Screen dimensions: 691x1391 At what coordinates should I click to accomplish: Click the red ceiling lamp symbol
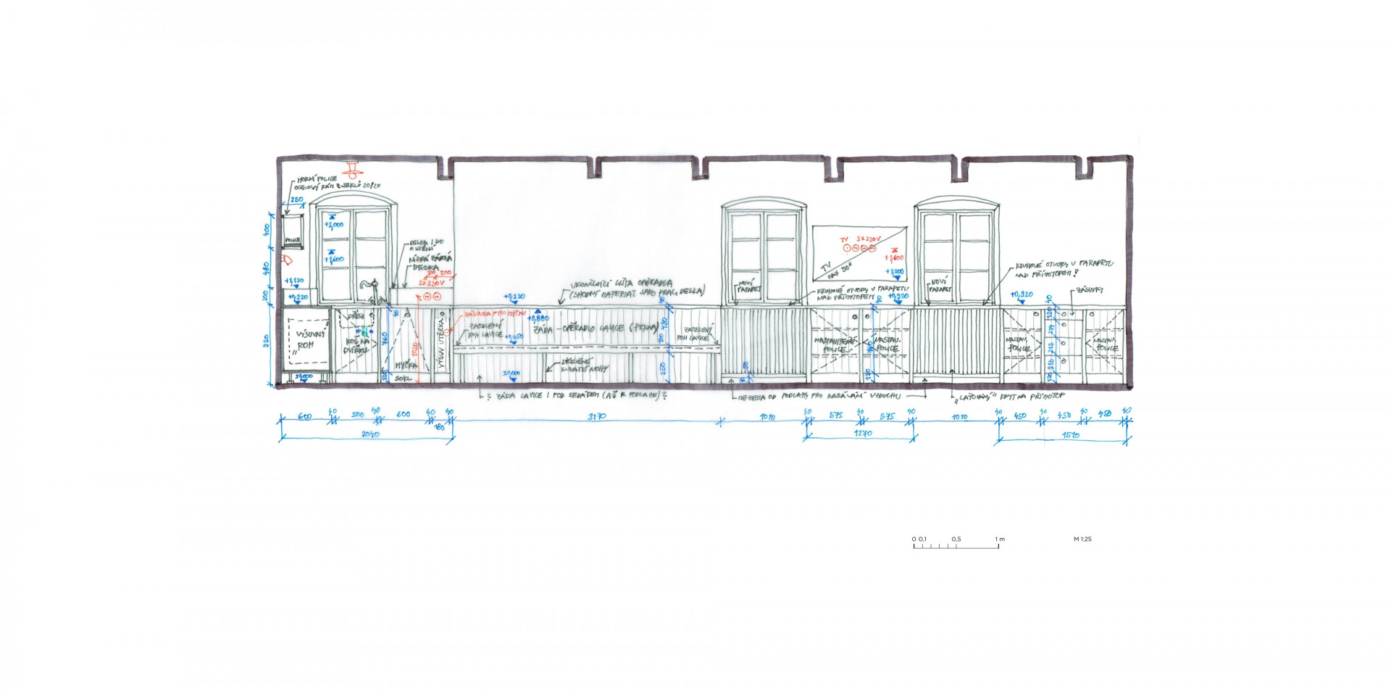coord(353,170)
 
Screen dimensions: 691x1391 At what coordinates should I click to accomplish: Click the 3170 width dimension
coord(596,417)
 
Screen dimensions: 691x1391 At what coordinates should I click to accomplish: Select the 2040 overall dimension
coord(369,434)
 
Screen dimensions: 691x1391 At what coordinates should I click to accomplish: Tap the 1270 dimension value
coord(862,434)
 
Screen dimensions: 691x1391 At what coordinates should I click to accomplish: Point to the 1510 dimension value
coord(1070,435)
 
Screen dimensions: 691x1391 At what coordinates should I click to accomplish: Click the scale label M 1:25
coord(1082,539)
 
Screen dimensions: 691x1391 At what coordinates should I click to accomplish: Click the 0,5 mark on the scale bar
coord(956,539)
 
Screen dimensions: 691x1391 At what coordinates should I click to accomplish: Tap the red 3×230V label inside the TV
coord(868,239)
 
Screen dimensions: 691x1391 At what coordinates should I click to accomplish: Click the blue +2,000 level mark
coord(333,225)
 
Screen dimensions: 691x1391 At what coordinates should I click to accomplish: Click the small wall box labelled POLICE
coord(293,231)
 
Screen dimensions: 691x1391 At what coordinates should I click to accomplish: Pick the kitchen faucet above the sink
coord(371,289)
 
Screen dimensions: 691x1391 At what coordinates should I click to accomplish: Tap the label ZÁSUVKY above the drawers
coord(1089,291)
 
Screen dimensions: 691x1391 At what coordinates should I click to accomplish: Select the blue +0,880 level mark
coord(538,318)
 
